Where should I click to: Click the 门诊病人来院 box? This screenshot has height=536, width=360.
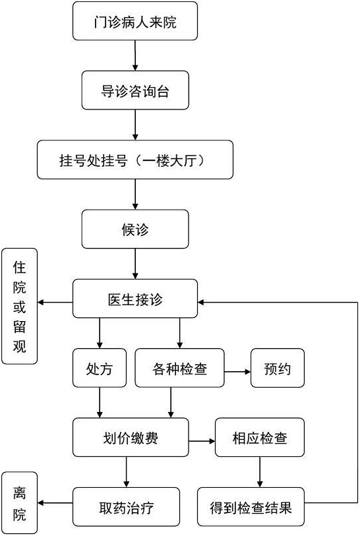pos(135,21)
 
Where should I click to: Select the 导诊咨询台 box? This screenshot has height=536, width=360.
pos(135,90)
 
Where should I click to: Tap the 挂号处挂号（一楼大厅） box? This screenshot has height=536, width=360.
pos(135,160)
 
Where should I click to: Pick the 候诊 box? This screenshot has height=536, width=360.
pos(135,229)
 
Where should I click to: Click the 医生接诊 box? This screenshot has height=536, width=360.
pos(135,299)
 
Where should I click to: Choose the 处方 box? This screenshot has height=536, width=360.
pos(100,368)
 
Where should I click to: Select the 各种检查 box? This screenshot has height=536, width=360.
pos(180,368)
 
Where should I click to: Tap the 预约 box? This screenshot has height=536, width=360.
pos(278,368)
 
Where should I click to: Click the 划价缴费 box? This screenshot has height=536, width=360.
pos(131,437)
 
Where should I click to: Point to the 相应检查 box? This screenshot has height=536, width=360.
pos(260,437)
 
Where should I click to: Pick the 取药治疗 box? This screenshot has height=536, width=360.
pos(126,506)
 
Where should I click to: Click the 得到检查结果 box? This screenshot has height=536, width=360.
pos(251,506)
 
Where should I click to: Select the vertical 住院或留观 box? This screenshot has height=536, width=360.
pos(20,306)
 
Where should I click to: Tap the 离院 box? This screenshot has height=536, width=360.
pos(20,503)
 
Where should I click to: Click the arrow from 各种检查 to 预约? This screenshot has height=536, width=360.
pos(237,372)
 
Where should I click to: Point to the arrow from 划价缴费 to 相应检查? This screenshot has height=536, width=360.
pos(202,441)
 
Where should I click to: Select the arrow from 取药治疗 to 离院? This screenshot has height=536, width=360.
pos(55,503)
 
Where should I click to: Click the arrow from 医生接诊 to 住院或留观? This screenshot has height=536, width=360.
pos(55,302)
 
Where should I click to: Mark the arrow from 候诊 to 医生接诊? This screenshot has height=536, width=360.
pos(135,264)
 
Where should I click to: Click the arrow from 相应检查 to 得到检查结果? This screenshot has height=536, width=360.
pos(260,472)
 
